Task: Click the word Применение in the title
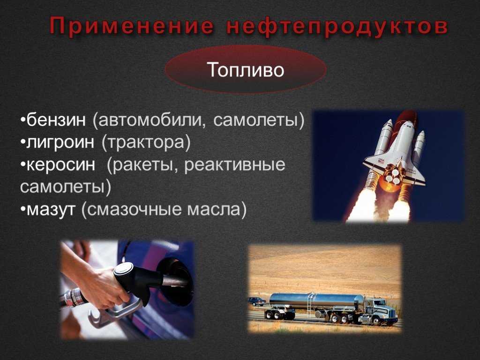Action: [131, 26]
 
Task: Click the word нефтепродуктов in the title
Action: [337, 27]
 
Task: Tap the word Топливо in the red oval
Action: [246, 70]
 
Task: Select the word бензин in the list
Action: [56, 120]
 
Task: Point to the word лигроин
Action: [60, 142]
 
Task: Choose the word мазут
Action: [51, 210]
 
